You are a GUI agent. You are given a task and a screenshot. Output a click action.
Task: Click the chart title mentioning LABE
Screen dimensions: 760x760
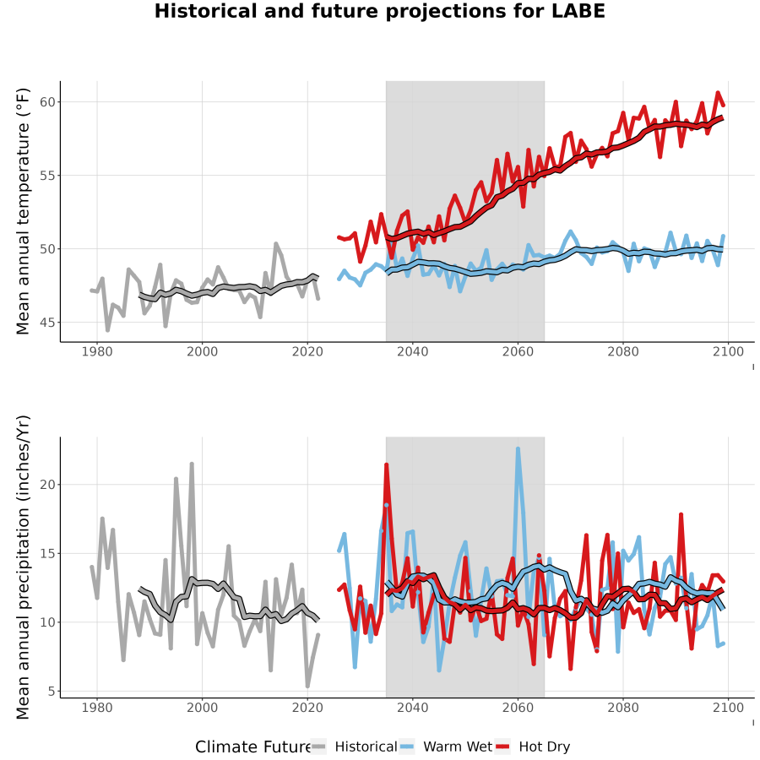pos(379,11)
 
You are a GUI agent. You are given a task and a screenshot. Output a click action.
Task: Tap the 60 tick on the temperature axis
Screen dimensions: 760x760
pos(48,102)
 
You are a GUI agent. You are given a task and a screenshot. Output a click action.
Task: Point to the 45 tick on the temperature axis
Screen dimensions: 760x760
pos(48,323)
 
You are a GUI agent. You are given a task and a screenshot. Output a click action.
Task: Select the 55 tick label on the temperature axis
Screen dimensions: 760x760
pos(48,176)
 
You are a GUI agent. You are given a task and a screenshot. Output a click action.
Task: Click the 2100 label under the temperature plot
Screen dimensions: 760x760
pos(728,351)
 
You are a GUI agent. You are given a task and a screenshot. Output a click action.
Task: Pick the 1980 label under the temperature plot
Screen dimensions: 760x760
pos(97,351)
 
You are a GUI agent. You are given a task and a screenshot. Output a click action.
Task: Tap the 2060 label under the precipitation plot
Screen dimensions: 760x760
pos(518,708)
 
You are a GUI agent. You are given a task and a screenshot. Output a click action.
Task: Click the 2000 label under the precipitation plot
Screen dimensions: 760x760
pos(202,708)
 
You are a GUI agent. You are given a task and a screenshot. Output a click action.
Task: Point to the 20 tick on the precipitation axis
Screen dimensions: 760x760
pos(48,485)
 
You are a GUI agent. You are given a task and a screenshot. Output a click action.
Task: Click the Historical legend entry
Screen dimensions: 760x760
pos(354,747)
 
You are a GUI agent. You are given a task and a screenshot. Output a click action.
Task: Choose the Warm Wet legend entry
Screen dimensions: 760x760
pos(446,747)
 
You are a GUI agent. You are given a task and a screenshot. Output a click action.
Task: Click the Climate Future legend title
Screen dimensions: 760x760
pos(252,747)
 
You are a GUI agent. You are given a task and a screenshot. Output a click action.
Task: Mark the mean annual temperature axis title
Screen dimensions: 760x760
pos(23,211)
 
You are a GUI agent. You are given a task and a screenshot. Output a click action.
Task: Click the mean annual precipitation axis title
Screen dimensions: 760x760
pos(23,567)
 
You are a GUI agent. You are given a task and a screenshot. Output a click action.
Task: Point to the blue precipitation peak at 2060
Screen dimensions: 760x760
pos(518,449)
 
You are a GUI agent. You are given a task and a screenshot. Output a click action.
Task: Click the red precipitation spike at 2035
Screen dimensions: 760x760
pos(386,464)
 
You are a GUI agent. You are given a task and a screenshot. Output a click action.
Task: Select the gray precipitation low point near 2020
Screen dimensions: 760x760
pos(307,686)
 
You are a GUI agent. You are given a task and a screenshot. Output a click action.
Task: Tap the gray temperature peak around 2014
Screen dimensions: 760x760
pos(276,244)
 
